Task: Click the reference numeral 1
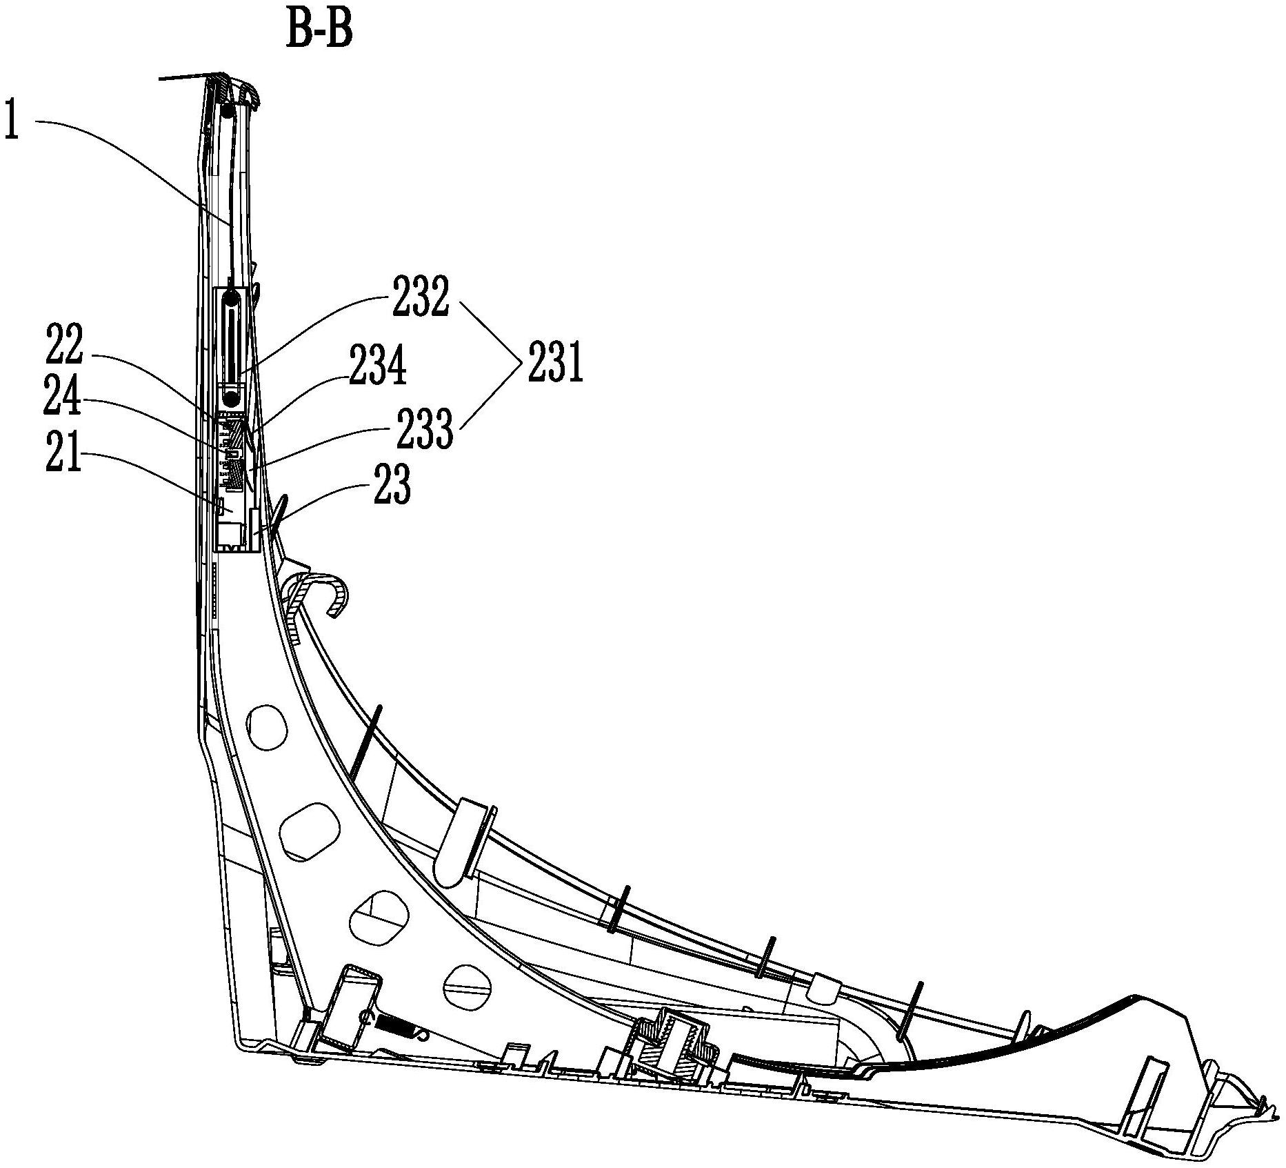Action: tap(11, 119)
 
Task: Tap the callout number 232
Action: tap(421, 297)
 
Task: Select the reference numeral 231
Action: tap(556, 362)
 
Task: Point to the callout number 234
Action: tap(377, 366)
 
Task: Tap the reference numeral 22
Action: tap(64, 344)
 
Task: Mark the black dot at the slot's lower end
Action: tap(231, 397)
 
